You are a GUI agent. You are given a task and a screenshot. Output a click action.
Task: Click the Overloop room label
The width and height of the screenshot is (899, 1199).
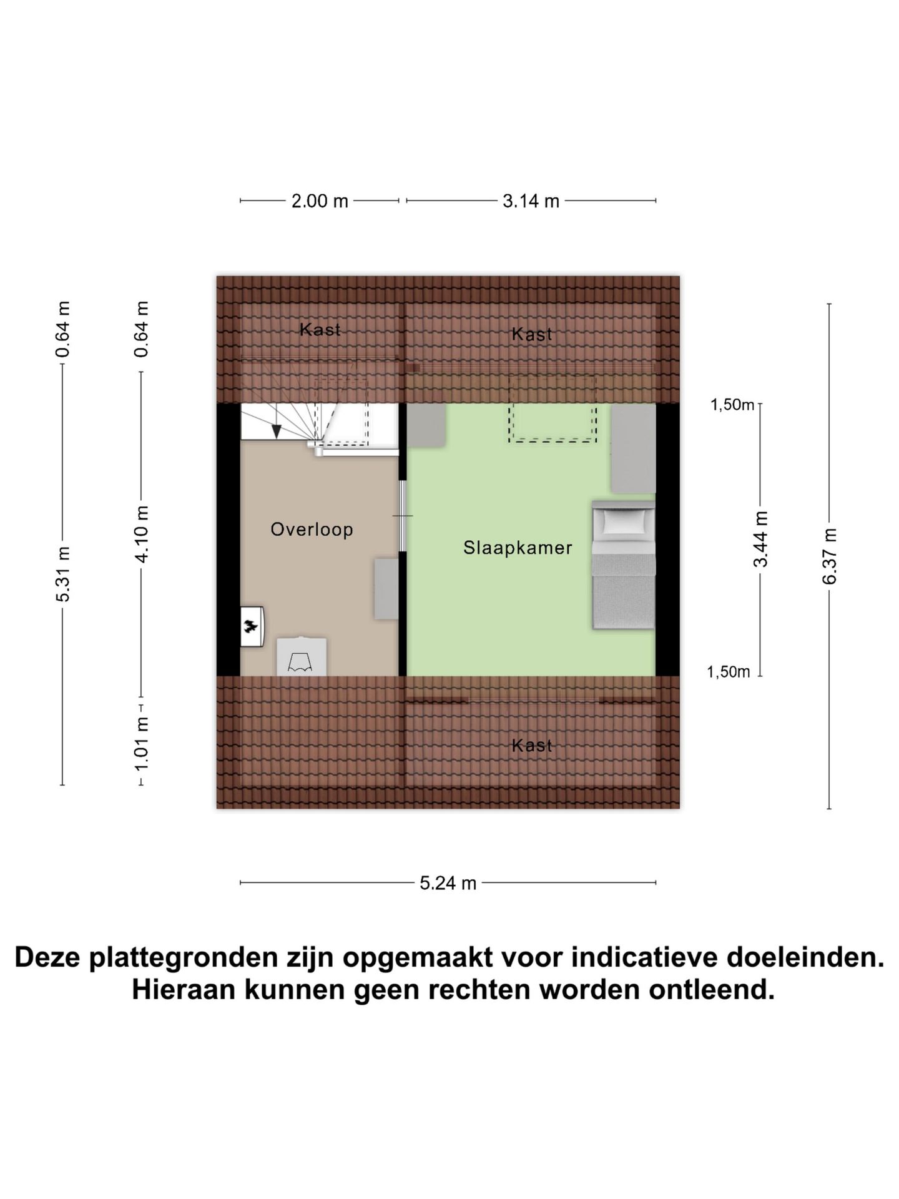[x=312, y=530]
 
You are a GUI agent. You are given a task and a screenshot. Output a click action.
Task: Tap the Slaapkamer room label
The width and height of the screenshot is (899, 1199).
[x=518, y=548]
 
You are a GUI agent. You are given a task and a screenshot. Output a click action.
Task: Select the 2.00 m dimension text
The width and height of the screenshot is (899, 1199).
[x=320, y=201]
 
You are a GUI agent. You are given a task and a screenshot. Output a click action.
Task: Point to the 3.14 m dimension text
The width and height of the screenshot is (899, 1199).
[x=531, y=201]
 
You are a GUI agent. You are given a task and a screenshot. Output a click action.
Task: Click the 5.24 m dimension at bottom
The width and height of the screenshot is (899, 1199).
[x=448, y=883]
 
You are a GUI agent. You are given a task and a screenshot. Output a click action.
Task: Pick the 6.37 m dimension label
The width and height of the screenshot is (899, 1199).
[x=829, y=556]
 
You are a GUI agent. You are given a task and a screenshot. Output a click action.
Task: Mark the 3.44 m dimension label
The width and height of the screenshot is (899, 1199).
[x=760, y=538]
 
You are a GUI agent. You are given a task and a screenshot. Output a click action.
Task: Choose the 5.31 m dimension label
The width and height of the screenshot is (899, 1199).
[x=63, y=574]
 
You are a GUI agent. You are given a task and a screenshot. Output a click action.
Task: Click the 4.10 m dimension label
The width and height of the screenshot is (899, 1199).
[x=142, y=534]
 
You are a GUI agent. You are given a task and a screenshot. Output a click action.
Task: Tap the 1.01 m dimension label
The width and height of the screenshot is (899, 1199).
[x=142, y=743]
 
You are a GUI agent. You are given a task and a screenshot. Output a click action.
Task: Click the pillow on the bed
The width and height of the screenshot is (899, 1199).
[x=622, y=520]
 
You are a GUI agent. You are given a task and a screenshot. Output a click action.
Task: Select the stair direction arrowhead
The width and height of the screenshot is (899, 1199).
[x=277, y=431]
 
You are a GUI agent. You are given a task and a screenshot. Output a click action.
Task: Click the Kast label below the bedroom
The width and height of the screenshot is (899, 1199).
[x=532, y=745]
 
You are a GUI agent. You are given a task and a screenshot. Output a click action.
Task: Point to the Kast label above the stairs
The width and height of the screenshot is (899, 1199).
[x=320, y=329]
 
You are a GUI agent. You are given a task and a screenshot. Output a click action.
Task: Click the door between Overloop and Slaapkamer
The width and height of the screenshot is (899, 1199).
[x=403, y=516]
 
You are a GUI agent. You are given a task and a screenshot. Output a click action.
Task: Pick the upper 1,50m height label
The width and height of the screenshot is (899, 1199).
[x=732, y=405]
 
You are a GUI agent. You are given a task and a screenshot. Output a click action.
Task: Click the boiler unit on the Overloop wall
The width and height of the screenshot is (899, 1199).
[x=252, y=626]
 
